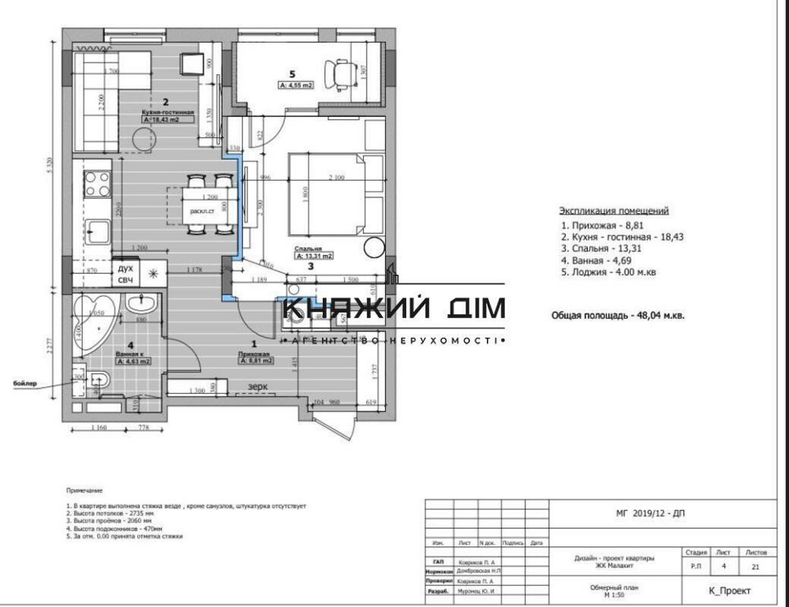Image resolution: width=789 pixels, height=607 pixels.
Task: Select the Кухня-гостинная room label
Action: [x=168, y=112]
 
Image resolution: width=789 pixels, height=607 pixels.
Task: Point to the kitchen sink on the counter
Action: [x=99, y=231]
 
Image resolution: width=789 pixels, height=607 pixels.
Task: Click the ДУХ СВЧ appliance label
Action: [x=125, y=274]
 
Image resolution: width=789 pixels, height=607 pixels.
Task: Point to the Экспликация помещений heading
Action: [x=614, y=211]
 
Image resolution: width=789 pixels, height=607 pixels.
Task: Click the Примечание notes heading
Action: [x=84, y=490]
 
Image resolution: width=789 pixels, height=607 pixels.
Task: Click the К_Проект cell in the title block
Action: [x=730, y=590]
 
